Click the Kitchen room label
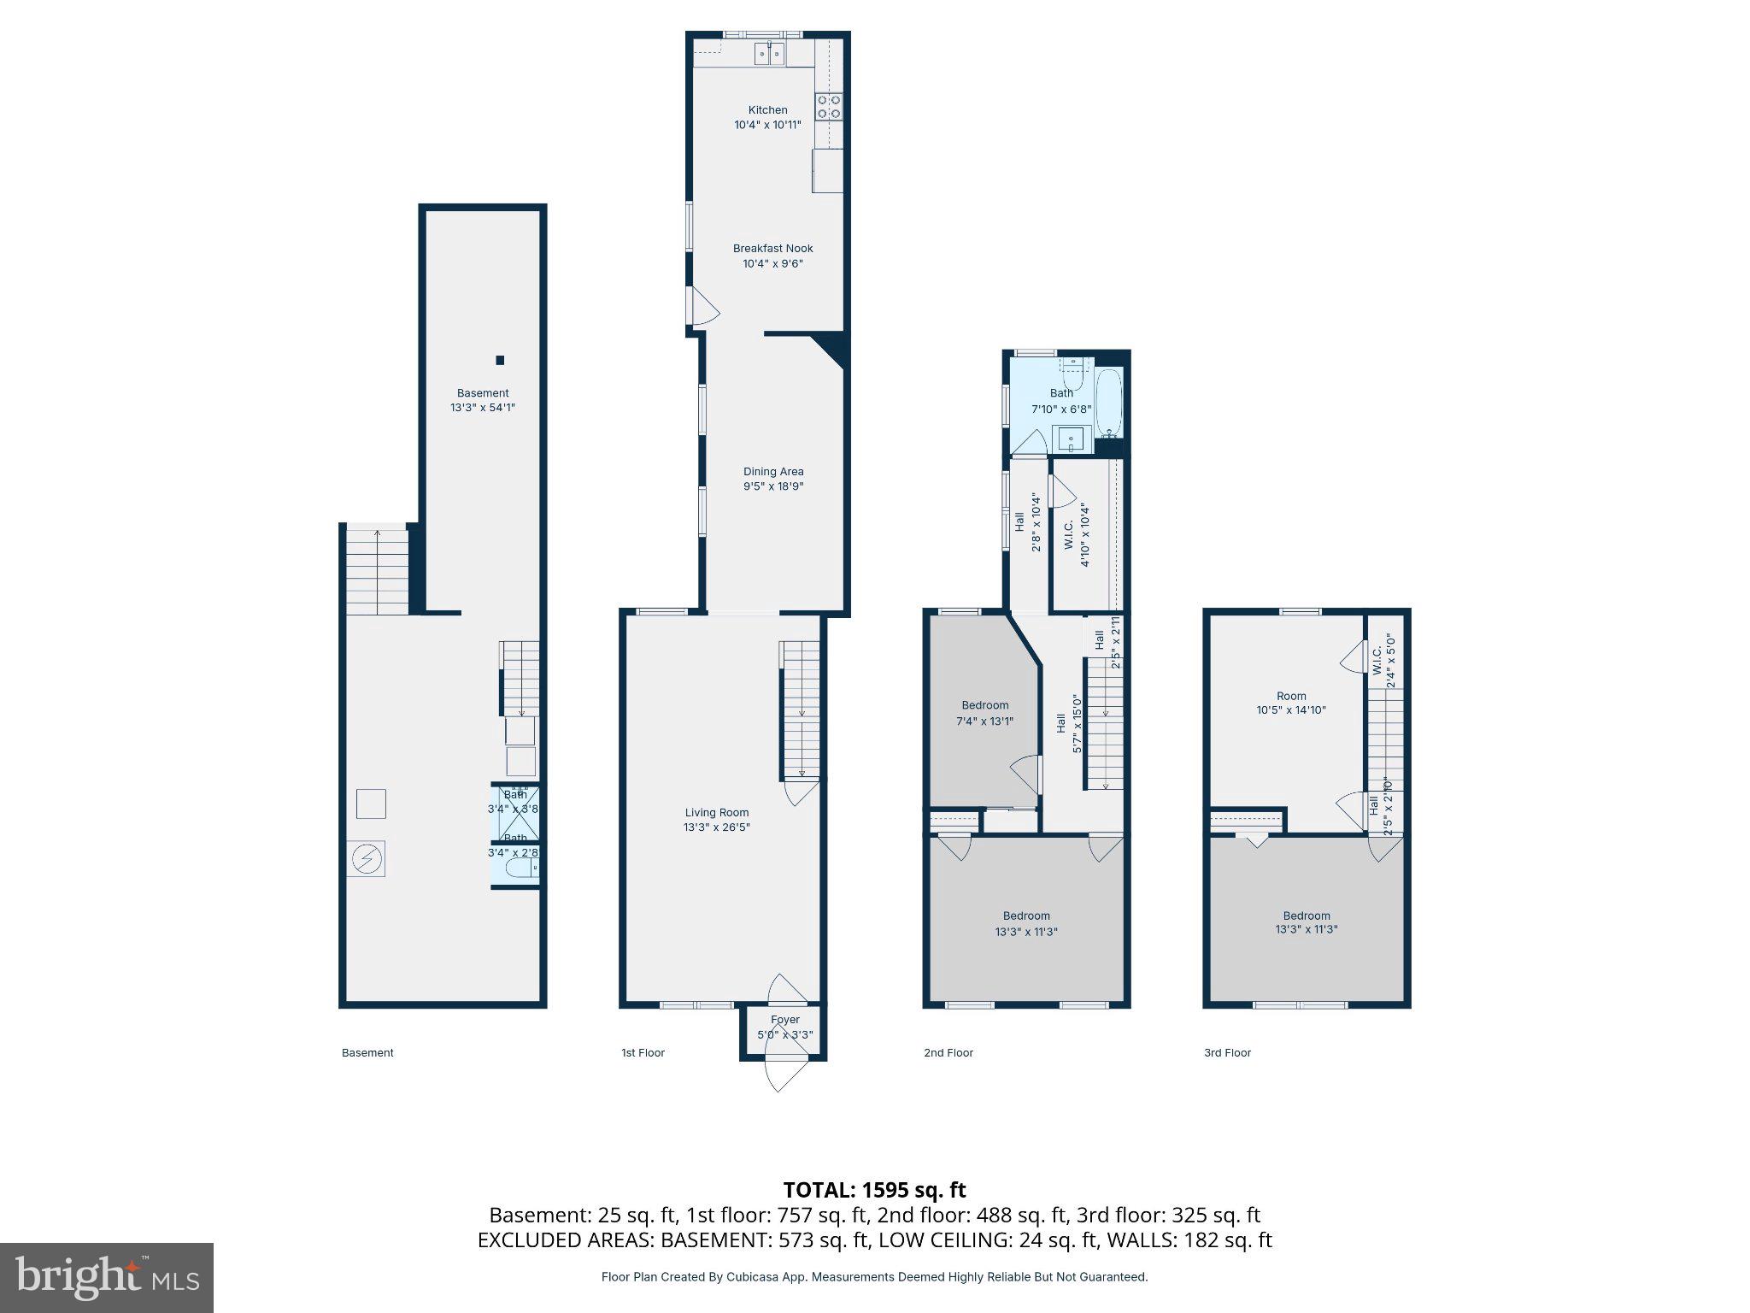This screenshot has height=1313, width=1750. (767, 110)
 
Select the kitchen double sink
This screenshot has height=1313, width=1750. (769, 54)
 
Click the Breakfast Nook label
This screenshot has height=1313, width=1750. (772, 249)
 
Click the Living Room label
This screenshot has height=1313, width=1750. (716, 813)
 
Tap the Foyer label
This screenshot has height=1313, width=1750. (784, 1020)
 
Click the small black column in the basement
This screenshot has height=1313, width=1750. (500, 360)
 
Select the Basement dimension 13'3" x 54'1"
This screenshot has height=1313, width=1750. (482, 409)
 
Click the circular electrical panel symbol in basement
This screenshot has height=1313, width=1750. (367, 858)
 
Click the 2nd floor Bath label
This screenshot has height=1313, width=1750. (1061, 393)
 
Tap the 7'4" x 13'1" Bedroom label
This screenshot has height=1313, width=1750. (984, 706)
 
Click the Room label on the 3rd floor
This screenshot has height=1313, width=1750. (1291, 696)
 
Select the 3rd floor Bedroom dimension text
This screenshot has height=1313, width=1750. (1306, 930)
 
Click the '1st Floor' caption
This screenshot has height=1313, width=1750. (643, 1053)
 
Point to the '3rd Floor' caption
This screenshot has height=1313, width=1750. (1227, 1053)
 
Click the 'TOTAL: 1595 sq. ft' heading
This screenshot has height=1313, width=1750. (874, 1190)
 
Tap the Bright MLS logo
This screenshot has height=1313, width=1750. (107, 1278)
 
